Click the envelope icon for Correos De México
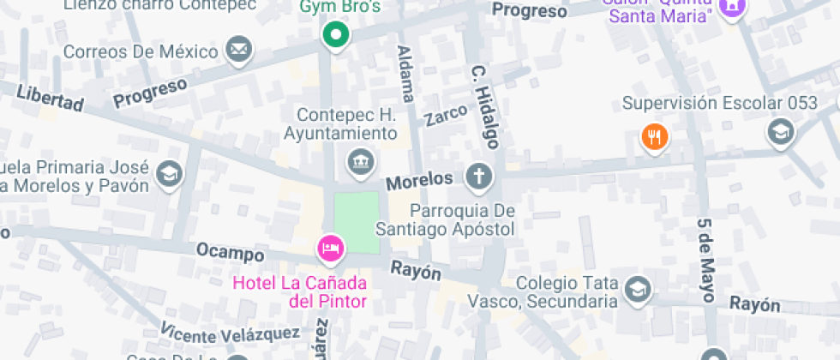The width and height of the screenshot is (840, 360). tap(239, 50)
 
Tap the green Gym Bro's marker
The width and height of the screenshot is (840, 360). tap(336, 35)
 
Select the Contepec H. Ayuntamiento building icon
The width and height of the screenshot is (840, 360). tap(357, 160)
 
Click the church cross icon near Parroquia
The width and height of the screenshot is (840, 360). tap(478, 178)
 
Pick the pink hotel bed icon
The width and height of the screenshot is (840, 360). tap(330, 249)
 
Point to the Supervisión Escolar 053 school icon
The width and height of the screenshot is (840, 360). tap(781, 132)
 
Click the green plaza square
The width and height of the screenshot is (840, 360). tap(356, 222)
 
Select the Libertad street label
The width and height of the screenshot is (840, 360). tap(50, 98)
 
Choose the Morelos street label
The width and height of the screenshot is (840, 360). tap(418, 181)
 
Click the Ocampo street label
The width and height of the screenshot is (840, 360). tap(230, 253)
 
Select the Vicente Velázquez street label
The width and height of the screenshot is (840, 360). tap(230, 330)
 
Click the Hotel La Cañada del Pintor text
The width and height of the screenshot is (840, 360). tap(299, 291)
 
